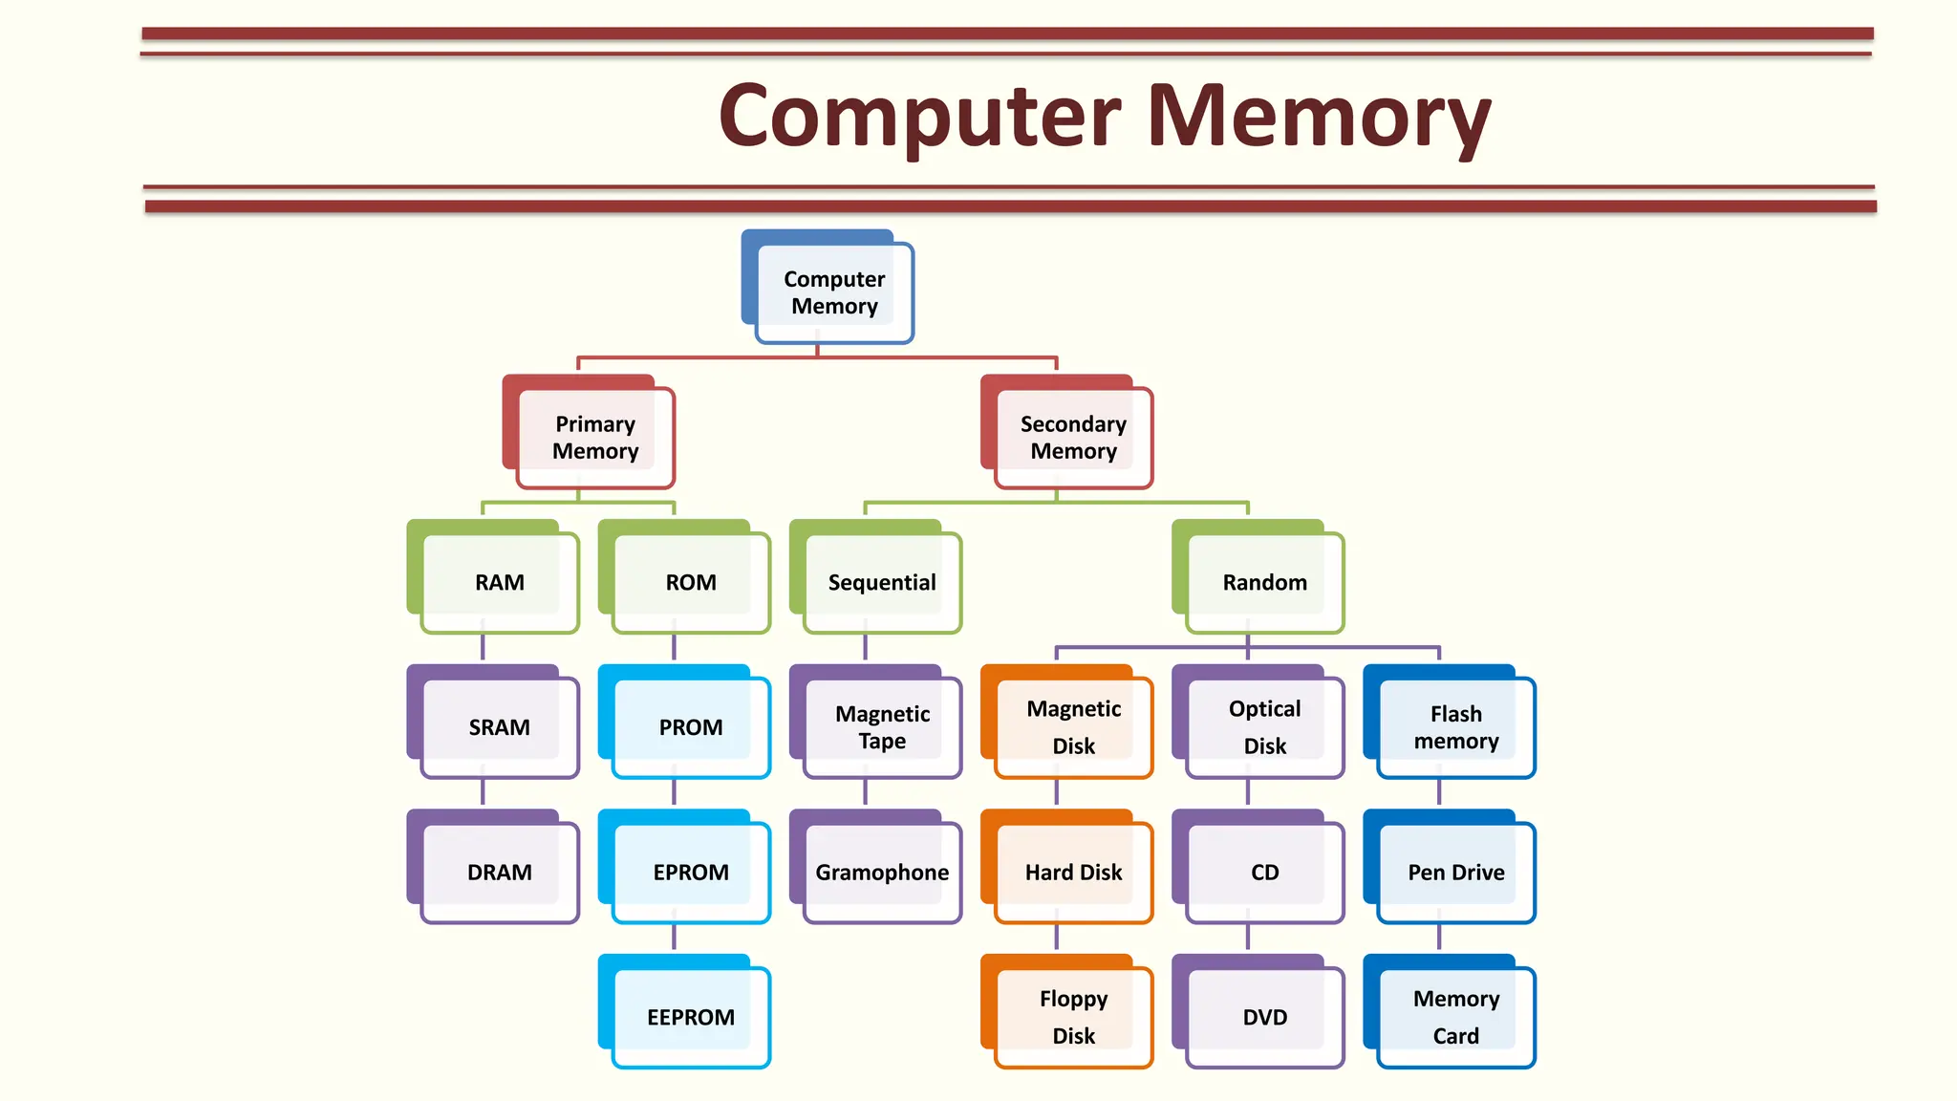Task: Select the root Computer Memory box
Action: [833, 291]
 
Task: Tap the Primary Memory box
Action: [594, 437]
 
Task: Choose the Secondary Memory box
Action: [1072, 437]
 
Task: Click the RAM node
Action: [499, 582]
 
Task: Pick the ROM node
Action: [690, 582]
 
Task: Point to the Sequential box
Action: [881, 582]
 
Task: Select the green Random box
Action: [1263, 582]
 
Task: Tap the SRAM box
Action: [499, 727]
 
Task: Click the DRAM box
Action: [499, 872]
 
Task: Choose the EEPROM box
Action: [690, 1017]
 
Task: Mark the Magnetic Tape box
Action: [881, 727]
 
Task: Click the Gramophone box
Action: [881, 872]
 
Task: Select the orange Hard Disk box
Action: [1072, 872]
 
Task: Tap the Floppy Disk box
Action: [1072, 1017]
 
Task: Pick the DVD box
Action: [1263, 1017]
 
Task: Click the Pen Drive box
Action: [1454, 872]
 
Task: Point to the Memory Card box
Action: [1454, 1017]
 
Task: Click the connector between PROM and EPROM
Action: [674, 793]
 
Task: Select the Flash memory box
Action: [1454, 727]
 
